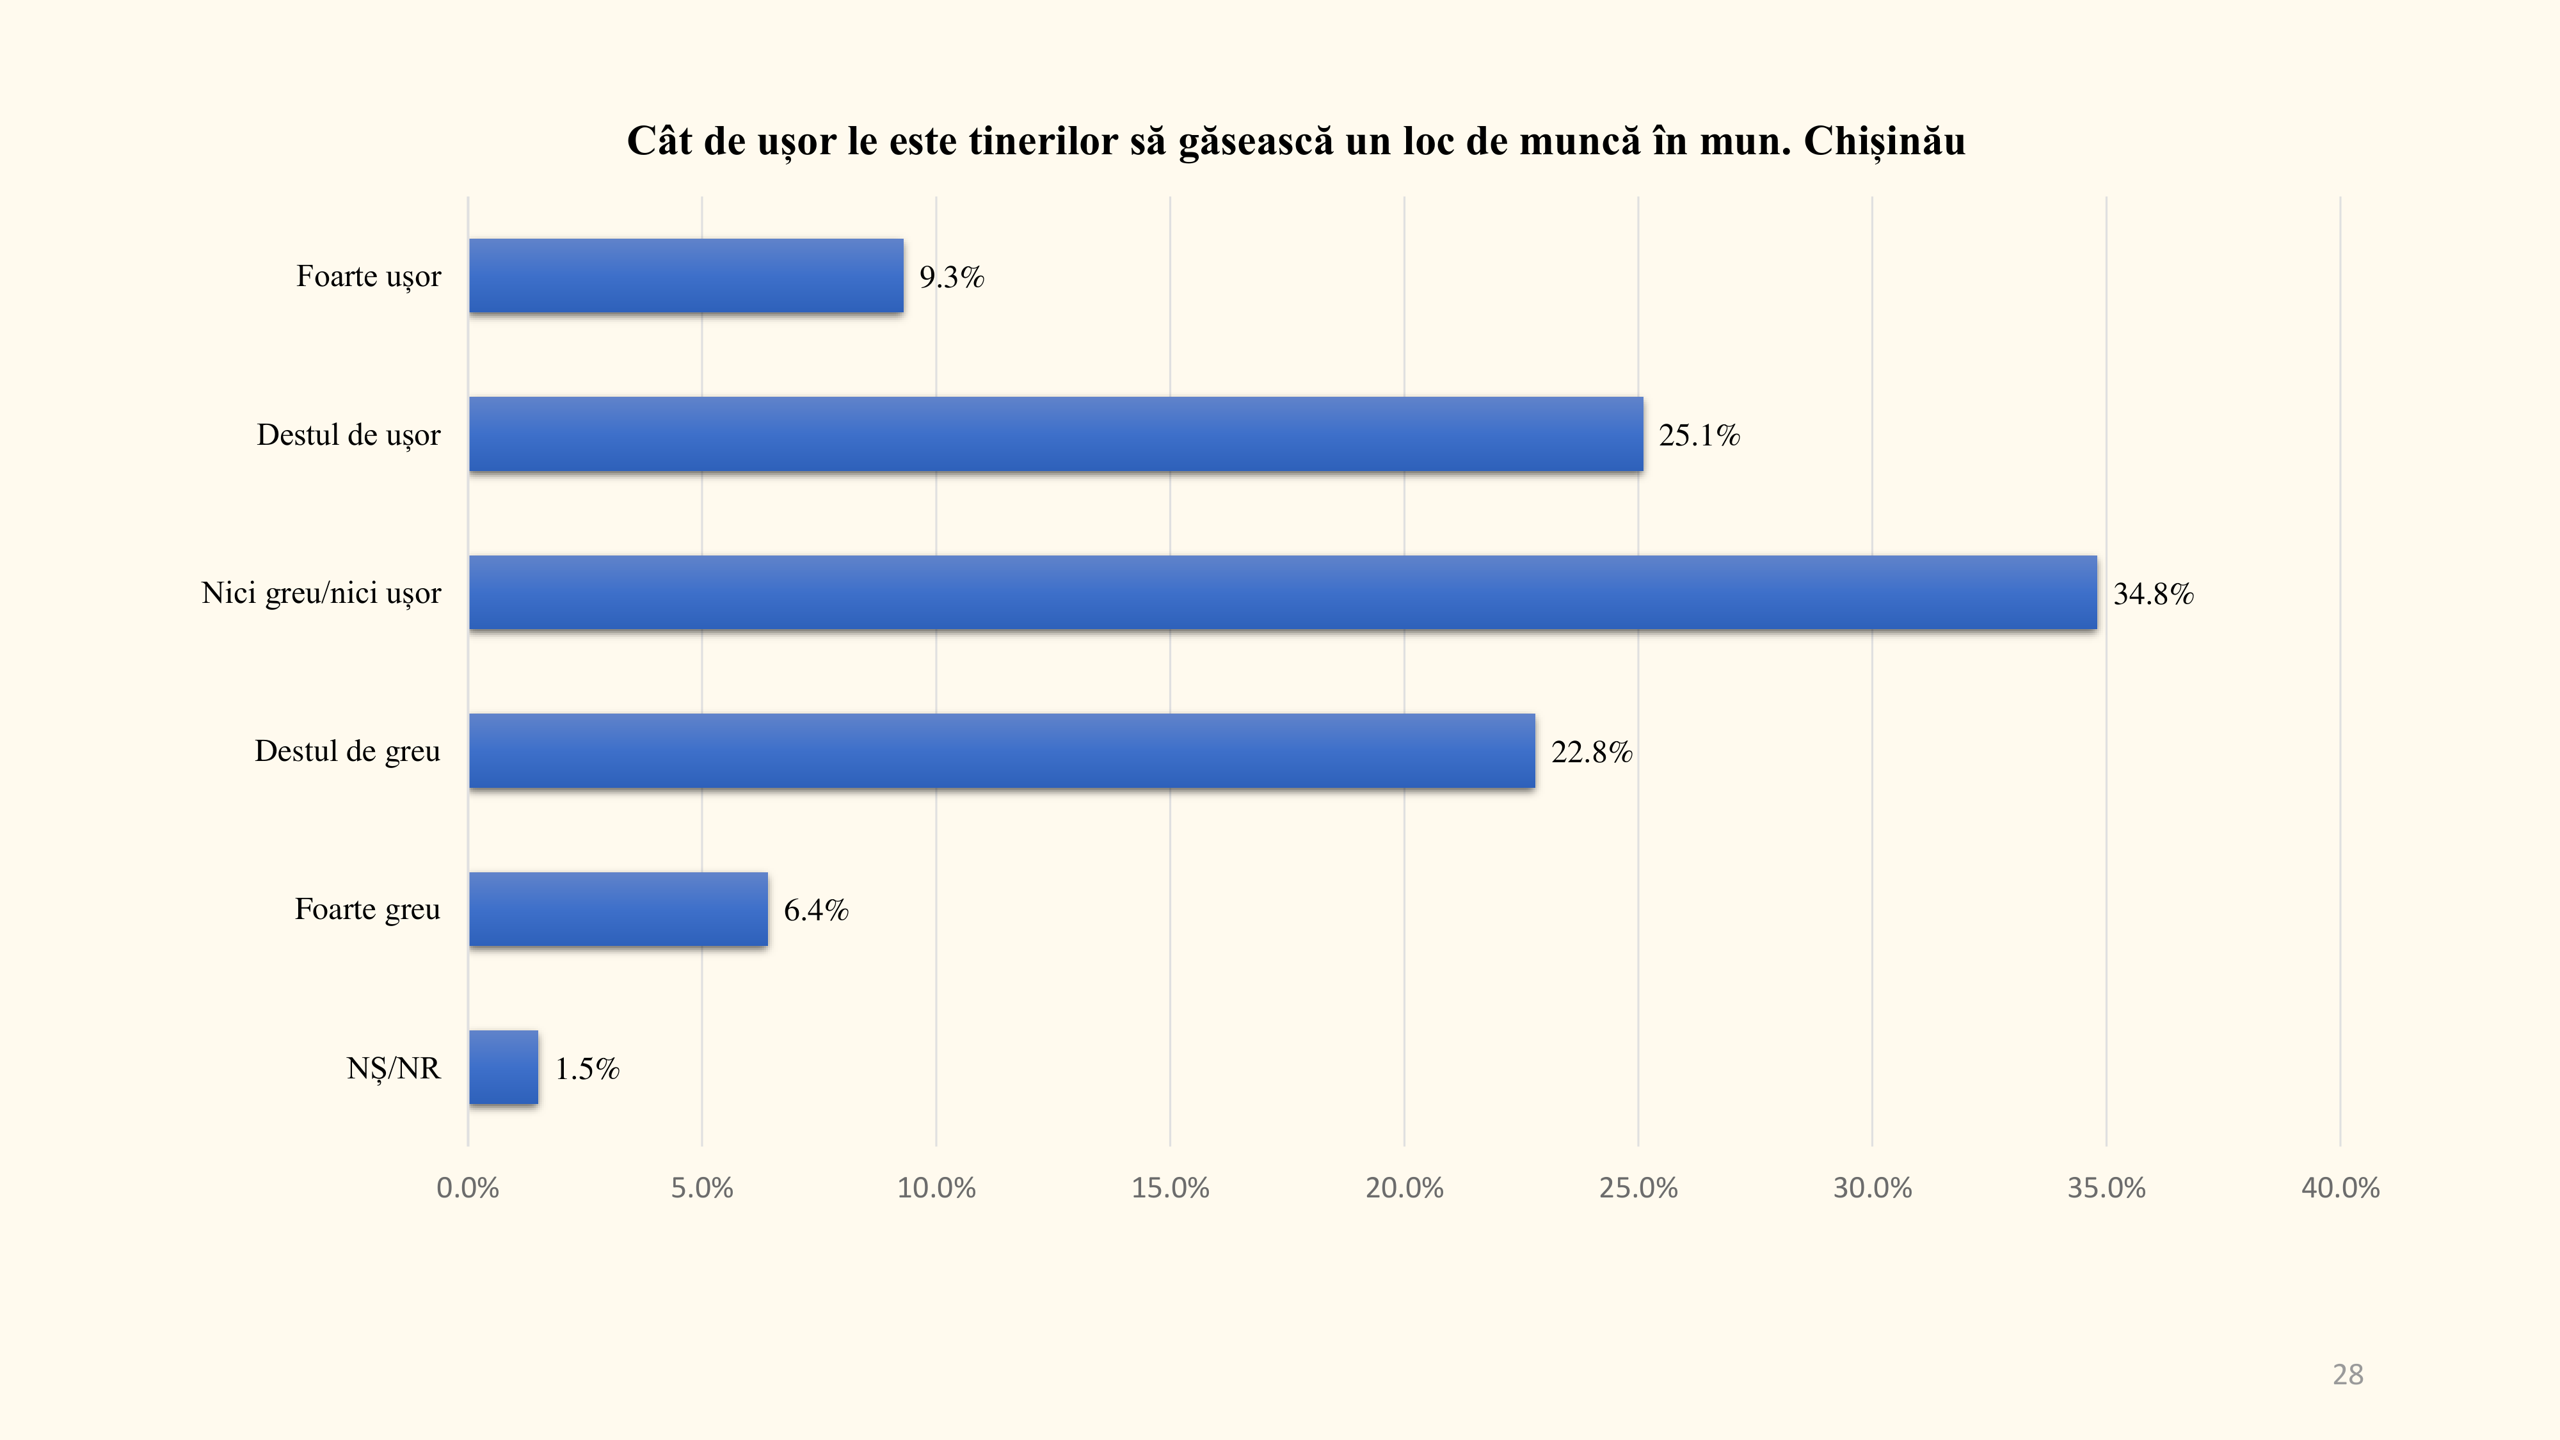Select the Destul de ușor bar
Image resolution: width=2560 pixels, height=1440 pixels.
pyautogui.click(x=1055, y=435)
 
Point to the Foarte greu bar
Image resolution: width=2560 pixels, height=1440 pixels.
pyautogui.click(x=618, y=909)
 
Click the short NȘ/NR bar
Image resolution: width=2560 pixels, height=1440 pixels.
pyautogui.click(x=504, y=1068)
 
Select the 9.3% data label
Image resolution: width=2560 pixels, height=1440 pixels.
pyautogui.click(x=951, y=277)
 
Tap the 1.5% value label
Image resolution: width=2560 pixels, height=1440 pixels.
pyautogui.click(x=586, y=1069)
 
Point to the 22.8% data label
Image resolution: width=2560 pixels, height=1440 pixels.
pyautogui.click(x=1591, y=752)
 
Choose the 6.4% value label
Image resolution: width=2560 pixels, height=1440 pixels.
pyautogui.click(x=816, y=910)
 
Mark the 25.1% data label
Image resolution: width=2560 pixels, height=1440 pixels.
pyautogui.click(x=1699, y=435)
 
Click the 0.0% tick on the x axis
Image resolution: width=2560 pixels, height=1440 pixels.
pyautogui.click(x=467, y=1188)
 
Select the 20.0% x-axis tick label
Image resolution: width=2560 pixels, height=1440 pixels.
pyautogui.click(x=1404, y=1188)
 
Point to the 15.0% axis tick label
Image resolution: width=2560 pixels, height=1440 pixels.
pyautogui.click(x=1170, y=1188)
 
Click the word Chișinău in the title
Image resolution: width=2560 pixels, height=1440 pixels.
pyautogui.click(x=1884, y=141)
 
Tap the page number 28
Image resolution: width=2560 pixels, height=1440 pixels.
pyautogui.click(x=2348, y=1375)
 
